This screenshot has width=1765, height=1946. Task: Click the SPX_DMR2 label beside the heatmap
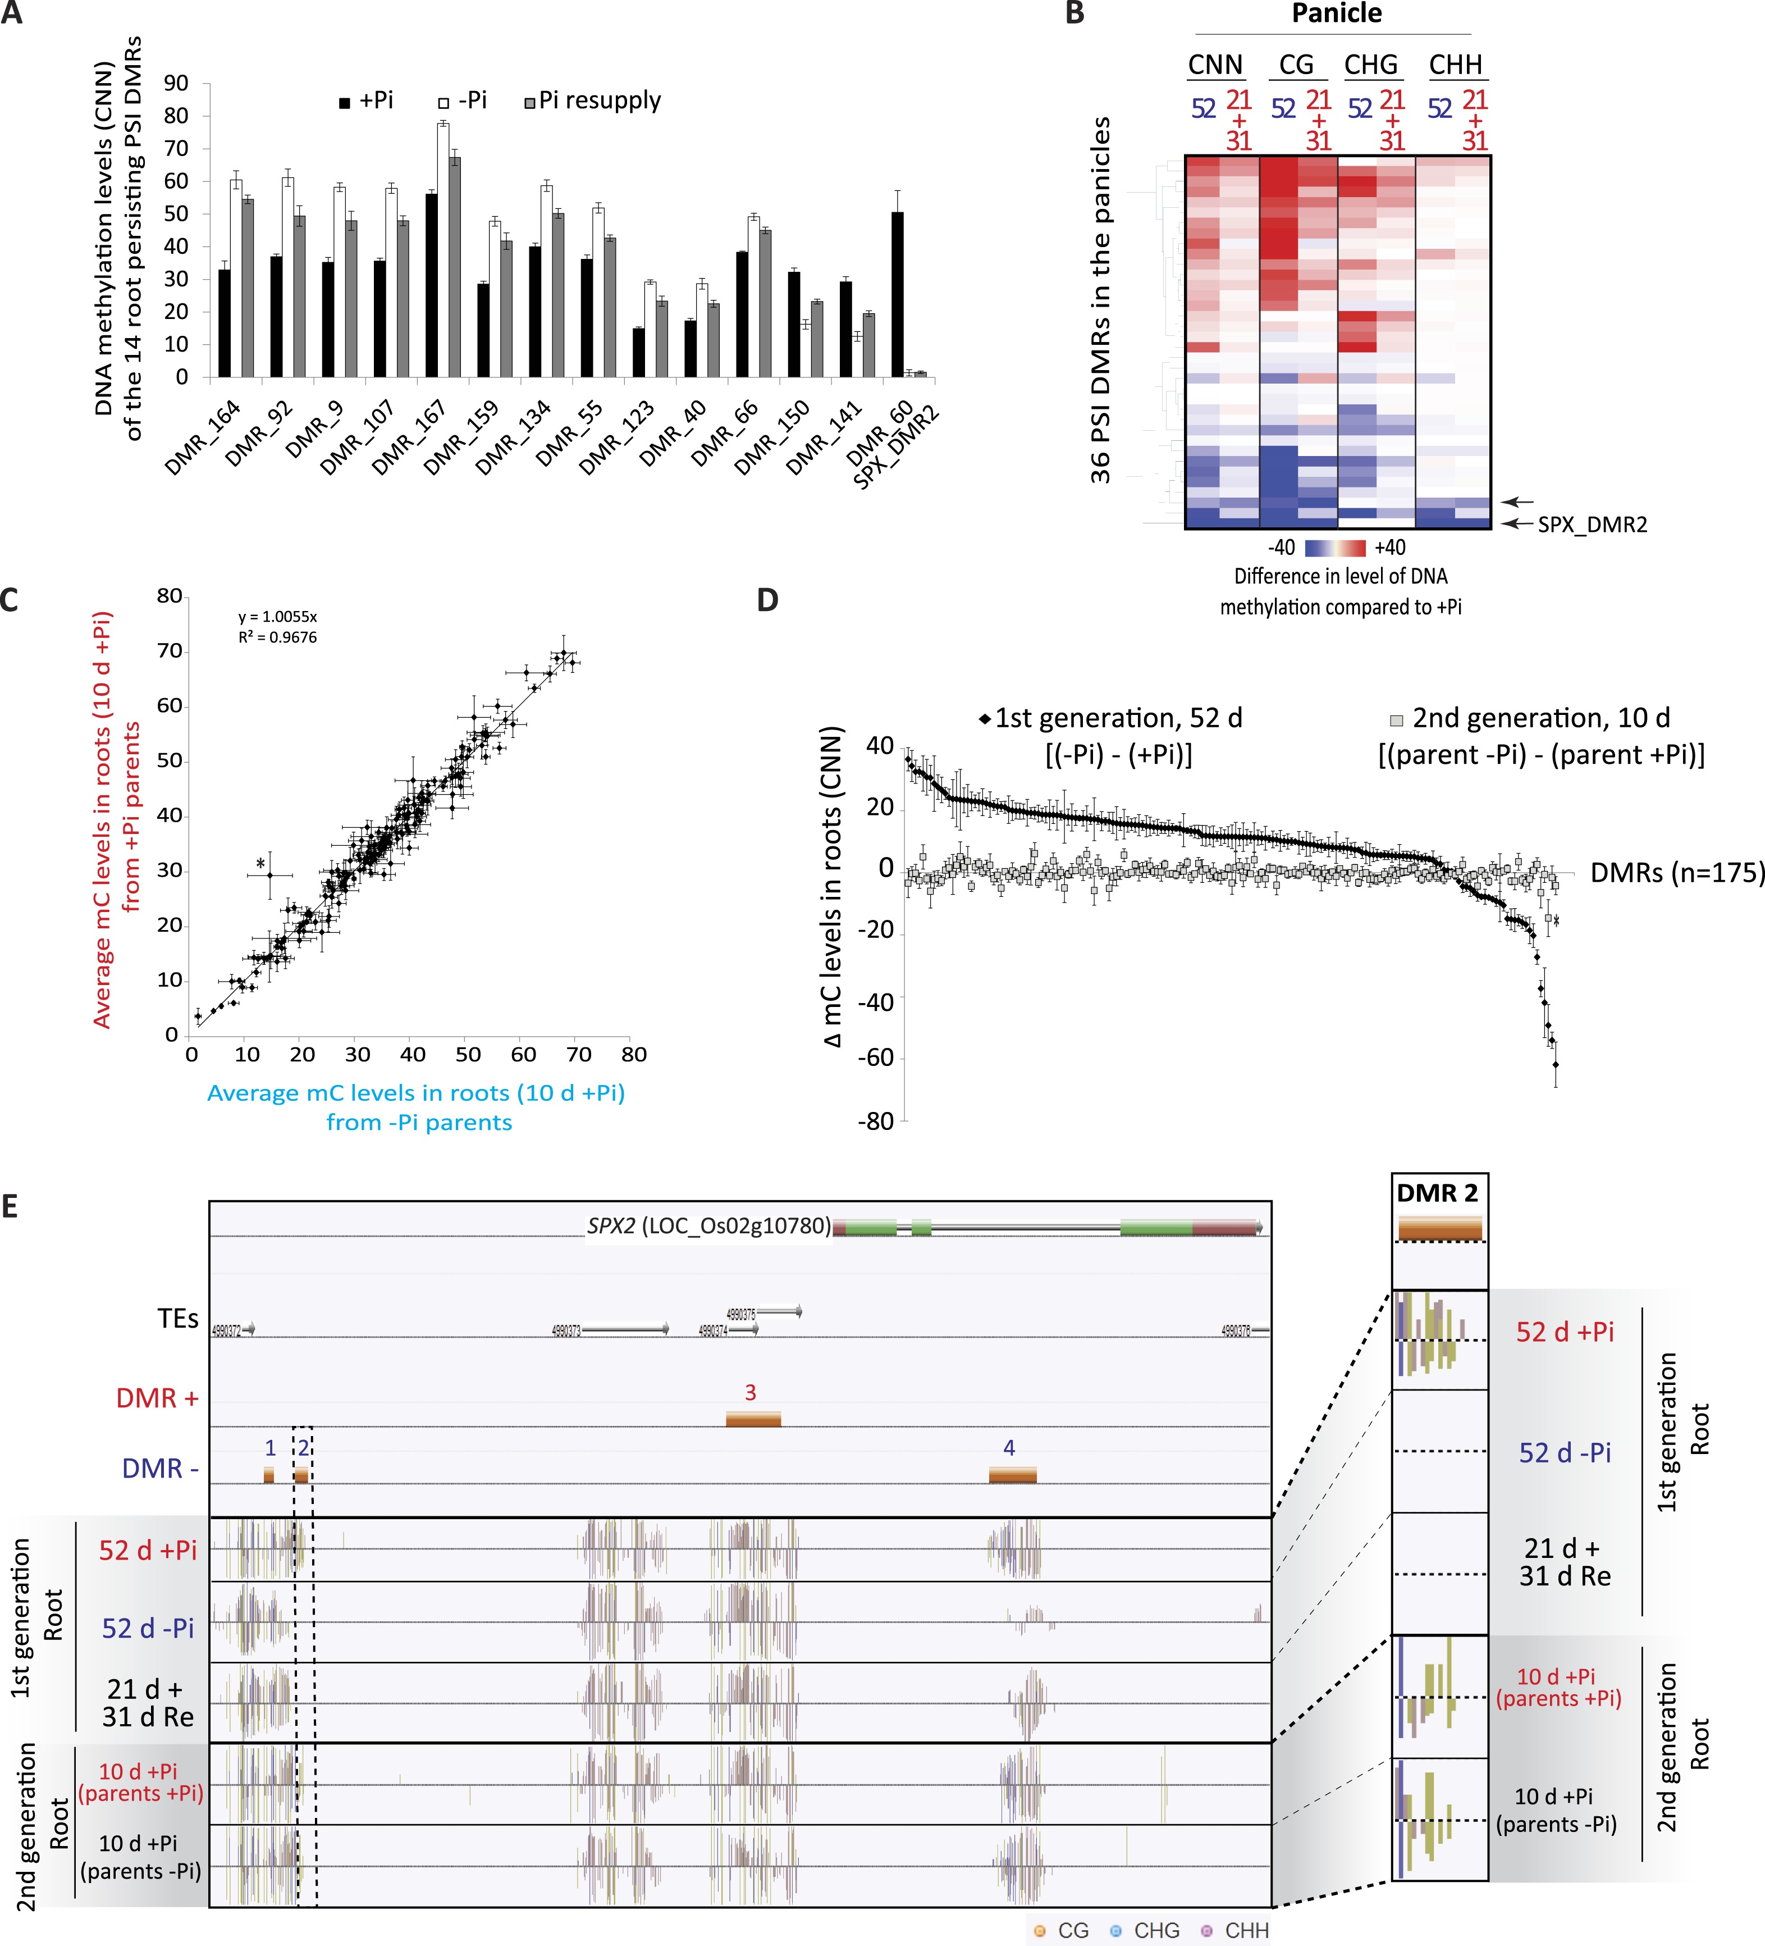point(1592,524)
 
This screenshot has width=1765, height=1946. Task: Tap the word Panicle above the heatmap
point(1337,13)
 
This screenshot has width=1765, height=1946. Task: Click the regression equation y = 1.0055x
point(278,617)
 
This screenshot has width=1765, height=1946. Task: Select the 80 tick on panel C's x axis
point(633,1054)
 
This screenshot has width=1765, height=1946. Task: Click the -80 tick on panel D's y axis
point(875,1122)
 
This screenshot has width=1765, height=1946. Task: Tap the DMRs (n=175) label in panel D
point(1677,873)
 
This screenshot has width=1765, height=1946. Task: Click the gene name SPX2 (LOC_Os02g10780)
point(708,1226)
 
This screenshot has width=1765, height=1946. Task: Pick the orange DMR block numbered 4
point(1012,1474)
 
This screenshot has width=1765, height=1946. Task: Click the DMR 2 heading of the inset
point(1437,1193)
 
